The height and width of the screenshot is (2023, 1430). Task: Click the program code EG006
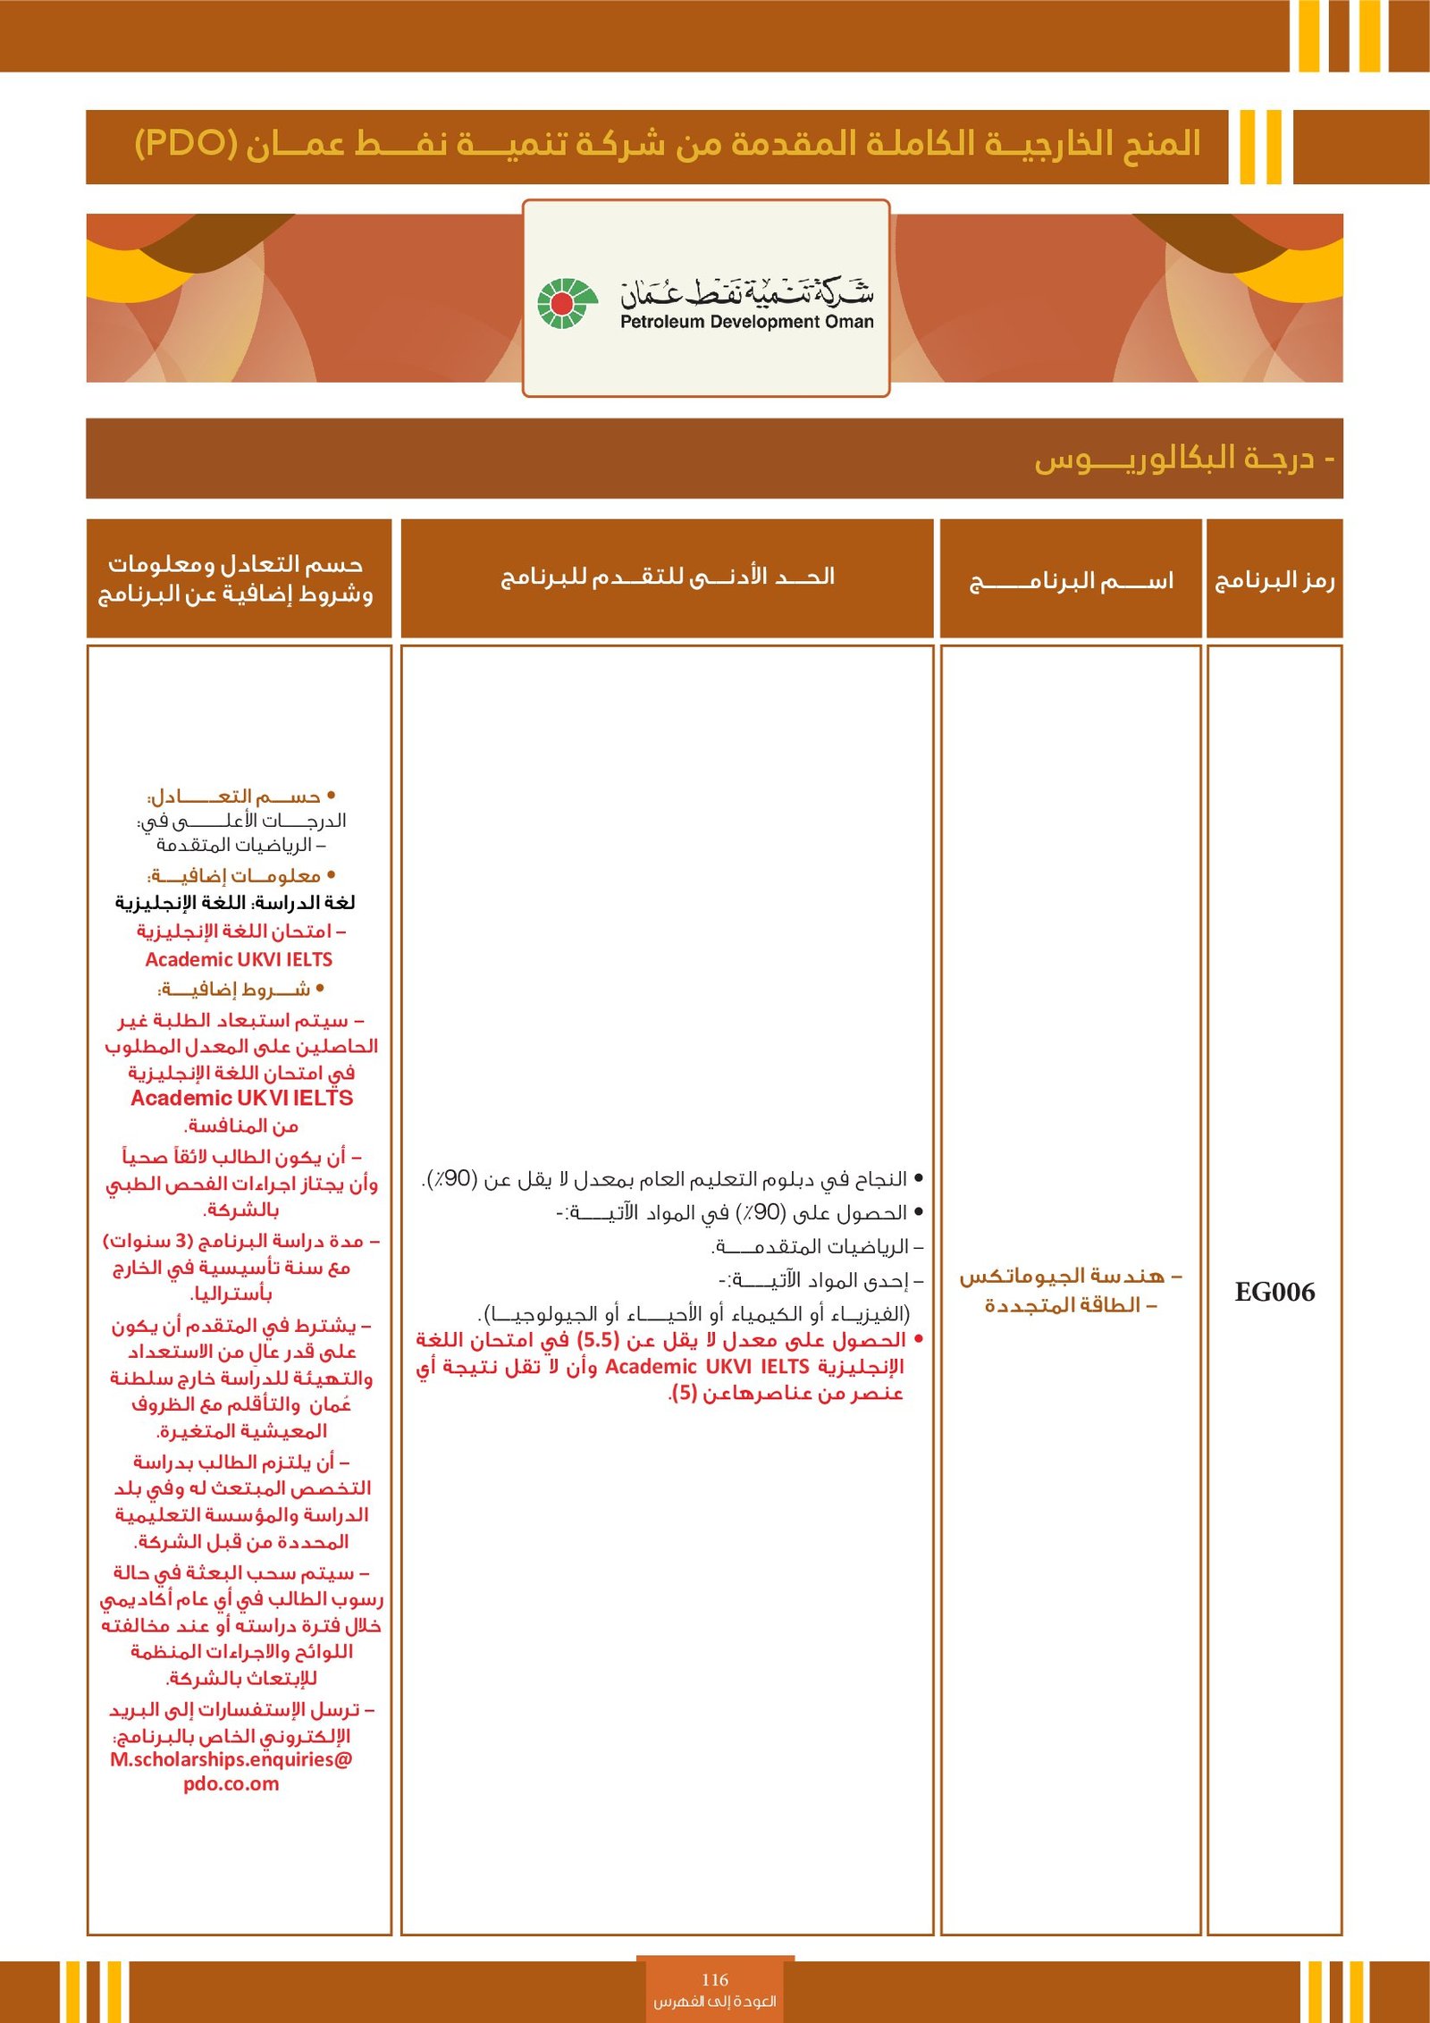click(1274, 1292)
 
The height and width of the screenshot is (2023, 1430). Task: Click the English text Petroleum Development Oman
click(747, 322)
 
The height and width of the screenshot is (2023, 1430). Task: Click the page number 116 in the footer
click(715, 1979)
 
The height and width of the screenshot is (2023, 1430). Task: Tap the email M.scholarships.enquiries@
click(231, 1759)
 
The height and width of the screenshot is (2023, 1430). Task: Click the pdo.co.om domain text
click(231, 1784)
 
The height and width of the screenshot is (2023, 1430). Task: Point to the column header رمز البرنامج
click(1274, 580)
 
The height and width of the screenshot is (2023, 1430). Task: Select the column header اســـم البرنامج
click(1071, 581)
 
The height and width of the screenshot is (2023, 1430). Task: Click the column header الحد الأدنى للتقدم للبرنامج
click(668, 577)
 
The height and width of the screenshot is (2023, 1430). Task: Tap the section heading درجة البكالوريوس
click(1180, 459)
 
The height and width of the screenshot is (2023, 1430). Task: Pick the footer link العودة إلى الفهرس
click(715, 2001)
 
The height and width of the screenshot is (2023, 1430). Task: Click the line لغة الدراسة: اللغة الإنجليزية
click(235, 902)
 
